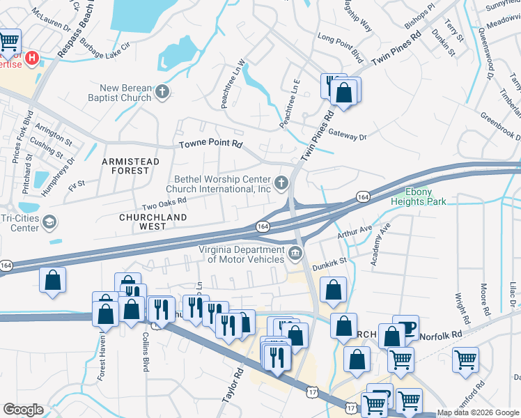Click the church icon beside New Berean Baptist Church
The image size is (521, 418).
(162, 91)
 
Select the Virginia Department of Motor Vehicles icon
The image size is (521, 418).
(295, 253)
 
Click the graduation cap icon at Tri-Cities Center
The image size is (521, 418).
(49, 223)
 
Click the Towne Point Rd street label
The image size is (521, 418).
(210, 144)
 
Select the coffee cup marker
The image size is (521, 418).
(405, 328)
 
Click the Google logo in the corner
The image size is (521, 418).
(24, 410)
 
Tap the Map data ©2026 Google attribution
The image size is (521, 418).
(478, 412)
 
